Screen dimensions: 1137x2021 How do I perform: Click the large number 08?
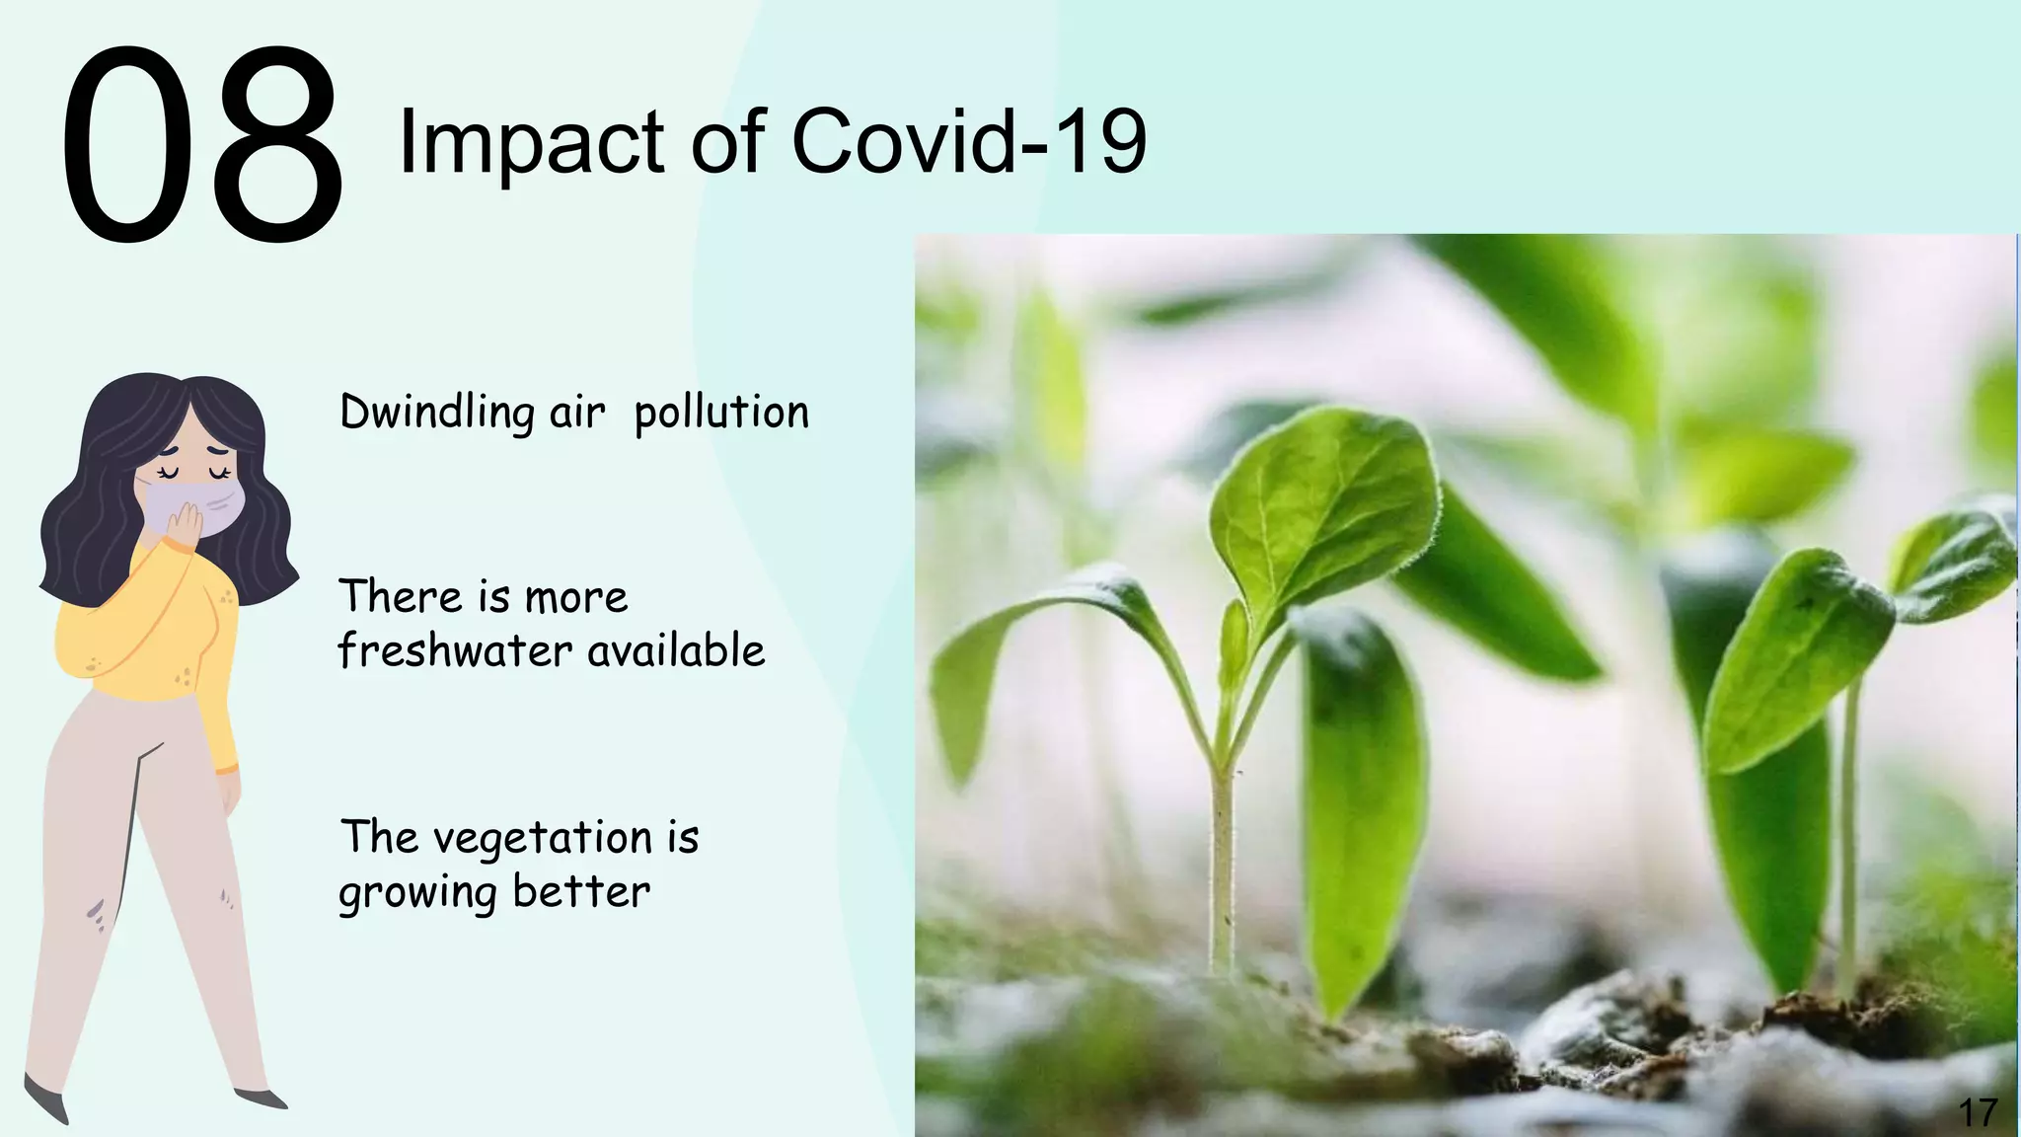(202, 146)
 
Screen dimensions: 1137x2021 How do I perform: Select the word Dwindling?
(436, 413)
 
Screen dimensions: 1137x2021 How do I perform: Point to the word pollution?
(720, 413)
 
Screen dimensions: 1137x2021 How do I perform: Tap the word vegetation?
(543, 839)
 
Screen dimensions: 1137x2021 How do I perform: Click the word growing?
(416, 893)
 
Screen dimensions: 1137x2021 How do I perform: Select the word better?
(581, 891)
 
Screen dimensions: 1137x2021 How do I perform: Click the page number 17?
(1977, 1112)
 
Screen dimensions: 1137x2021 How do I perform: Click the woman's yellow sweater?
(148, 632)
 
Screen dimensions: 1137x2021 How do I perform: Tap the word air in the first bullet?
(576, 413)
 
